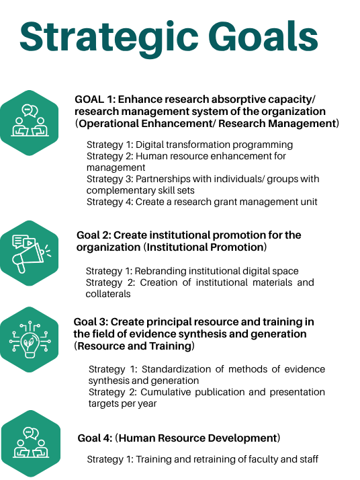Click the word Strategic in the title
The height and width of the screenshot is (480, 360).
[109, 38]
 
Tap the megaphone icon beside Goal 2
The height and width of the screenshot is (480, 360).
[31, 253]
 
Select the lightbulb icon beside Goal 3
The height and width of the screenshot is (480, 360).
[30, 339]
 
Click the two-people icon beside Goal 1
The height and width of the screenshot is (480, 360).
[30, 120]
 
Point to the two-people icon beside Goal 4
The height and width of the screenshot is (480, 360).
[31, 442]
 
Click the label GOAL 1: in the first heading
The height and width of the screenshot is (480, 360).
[95, 99]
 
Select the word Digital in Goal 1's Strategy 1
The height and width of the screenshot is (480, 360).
[148, 145]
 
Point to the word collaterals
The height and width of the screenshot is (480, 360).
[108, 294]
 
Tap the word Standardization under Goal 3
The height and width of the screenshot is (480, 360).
[176, 369]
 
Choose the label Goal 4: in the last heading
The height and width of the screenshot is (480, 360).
[95, 438]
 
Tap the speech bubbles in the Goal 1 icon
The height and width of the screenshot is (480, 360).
[30, 110]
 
